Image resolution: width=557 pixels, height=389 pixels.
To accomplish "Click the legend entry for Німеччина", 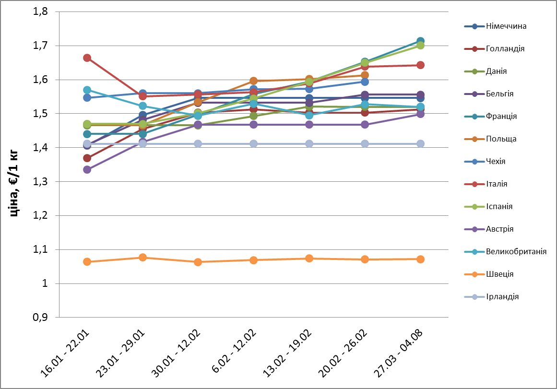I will [506, 26].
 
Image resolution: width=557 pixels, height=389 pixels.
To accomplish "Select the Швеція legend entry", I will [499, 274].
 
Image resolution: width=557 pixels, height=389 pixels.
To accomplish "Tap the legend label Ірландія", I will [502, 297].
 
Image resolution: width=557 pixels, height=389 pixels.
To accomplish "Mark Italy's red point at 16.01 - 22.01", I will [87, 58].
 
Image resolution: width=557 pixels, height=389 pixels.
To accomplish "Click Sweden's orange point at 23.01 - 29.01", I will [142, 258].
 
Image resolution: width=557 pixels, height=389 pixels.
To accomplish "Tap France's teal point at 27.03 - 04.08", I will [420, 41].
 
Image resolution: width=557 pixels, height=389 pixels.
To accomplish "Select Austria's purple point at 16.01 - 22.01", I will [87, 170].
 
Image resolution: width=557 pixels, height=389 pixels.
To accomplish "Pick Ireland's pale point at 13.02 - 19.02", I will [309, 144].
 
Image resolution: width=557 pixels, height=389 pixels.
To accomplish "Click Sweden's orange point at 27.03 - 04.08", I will [420, 259].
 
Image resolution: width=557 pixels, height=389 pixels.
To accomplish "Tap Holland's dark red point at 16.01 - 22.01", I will [87, 158].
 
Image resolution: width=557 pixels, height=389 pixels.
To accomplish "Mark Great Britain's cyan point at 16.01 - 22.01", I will [87, 90].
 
